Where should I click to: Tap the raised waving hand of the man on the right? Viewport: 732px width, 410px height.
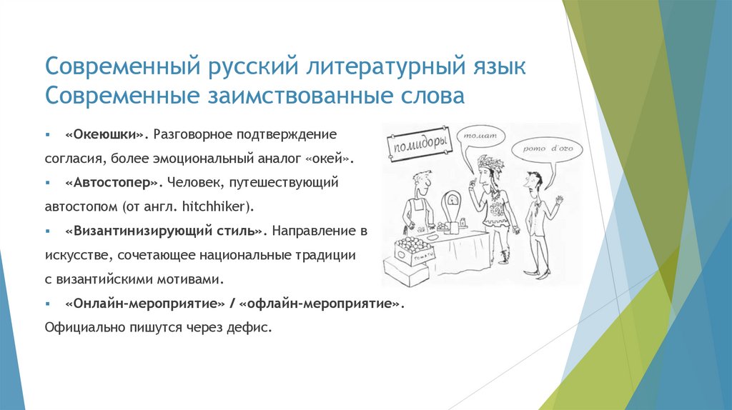tap(559, 203)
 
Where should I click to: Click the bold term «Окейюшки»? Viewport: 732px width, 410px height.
tap(104, 134)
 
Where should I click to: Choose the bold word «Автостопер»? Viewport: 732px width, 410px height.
tap(112, 183)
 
